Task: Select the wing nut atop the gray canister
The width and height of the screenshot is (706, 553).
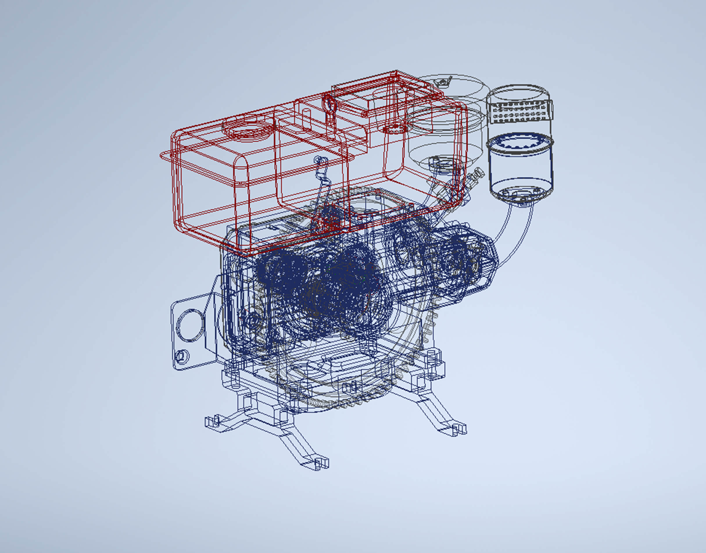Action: coord(442,83)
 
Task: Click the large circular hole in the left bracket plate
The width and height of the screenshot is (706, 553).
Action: coord(190,325)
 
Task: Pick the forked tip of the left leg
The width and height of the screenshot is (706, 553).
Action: coord(212,422)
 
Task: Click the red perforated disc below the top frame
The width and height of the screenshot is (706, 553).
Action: coord(394,129)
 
